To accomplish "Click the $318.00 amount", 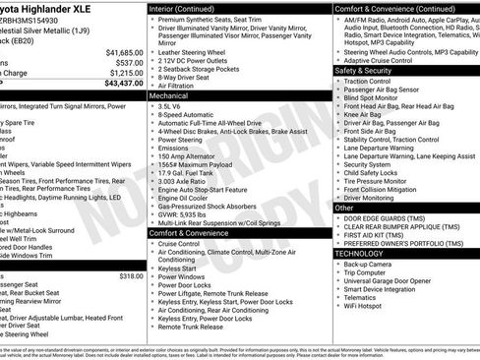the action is click(131, 276).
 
